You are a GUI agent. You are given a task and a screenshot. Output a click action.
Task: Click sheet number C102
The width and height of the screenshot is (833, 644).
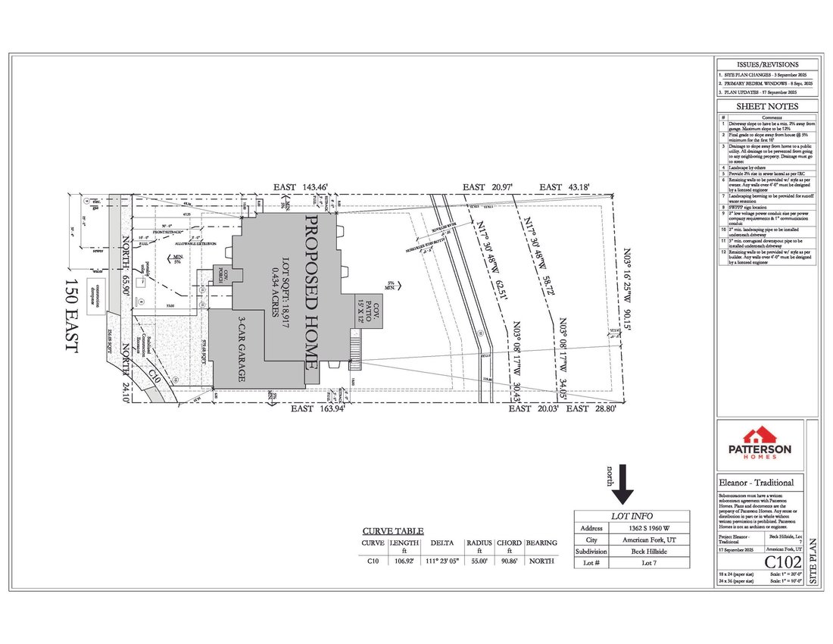coord(783,562)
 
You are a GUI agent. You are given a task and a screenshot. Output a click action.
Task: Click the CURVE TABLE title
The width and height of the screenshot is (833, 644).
coord(393,531)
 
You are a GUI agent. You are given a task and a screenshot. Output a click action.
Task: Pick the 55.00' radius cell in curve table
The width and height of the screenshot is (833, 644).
coord(479,561)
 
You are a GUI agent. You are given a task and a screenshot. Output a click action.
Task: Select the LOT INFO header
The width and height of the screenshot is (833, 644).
coord(632,515)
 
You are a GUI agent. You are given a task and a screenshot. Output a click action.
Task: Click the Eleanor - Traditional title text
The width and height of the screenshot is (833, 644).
coord(757,483)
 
